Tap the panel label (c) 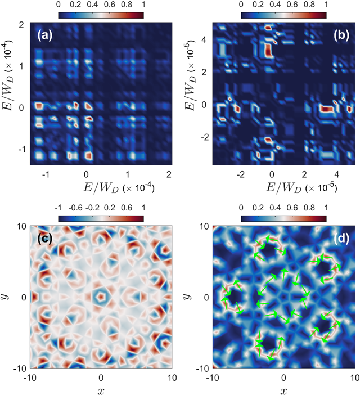[45, 238]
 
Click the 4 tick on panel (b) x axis [336, 175]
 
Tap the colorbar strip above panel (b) [284, 15]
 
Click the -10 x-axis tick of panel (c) [30, 377]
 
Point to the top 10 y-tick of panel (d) [204, 227]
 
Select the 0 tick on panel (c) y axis [22, 297]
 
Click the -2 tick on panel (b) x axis [241, 175]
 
